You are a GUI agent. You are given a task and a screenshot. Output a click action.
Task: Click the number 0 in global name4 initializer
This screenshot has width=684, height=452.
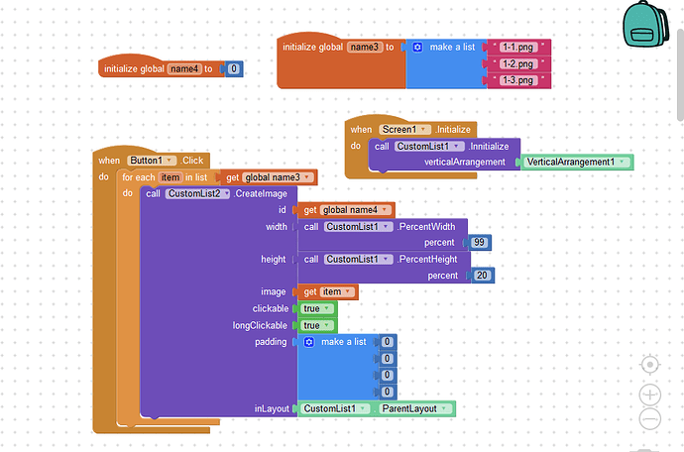tap(233, 69)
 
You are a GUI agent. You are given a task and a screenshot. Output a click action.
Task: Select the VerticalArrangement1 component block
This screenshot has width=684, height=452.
tap(577, 162)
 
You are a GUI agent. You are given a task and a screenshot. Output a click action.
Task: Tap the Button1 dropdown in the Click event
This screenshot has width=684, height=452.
tap(153, 160)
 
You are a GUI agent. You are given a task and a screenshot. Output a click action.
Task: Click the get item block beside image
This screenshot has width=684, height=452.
tap(326, 291)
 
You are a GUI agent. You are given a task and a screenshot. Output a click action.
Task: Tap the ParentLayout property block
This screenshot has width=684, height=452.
tap(414, 408)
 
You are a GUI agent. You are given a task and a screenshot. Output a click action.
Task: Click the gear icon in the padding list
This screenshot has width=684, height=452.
tap(308, 342)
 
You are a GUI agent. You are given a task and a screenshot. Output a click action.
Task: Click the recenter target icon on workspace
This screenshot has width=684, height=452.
tap(650, 364)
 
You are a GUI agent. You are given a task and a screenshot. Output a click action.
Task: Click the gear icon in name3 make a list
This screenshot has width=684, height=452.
tap(417, 47)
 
